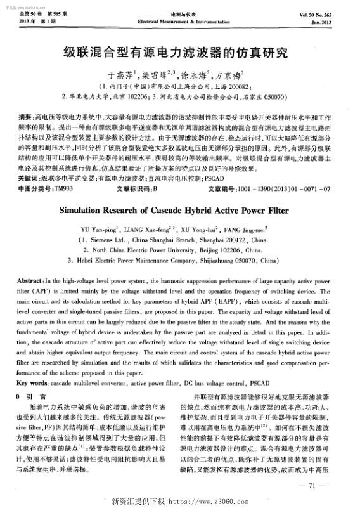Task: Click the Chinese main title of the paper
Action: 180,52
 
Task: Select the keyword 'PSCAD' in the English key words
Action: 260,384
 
